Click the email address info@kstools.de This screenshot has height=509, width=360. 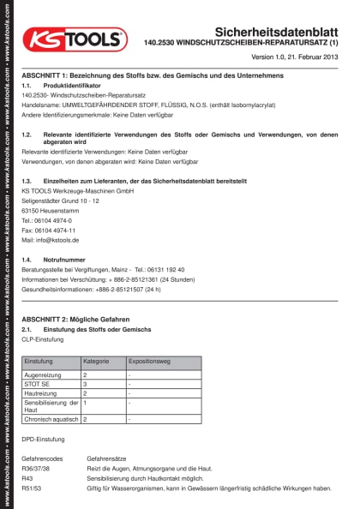point(51,241)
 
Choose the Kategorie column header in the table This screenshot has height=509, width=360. point(96,362)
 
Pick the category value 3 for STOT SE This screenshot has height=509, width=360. point(86,384)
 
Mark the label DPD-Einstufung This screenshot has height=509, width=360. point(44,440)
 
